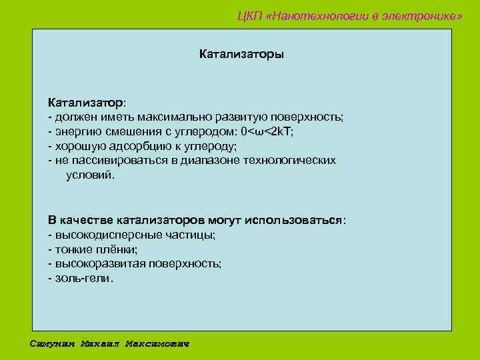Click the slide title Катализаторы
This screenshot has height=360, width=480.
[241, 53]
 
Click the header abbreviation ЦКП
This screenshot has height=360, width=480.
[250, 16]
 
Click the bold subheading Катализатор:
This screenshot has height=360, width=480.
[86, 103]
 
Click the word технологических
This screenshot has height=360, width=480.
[289, 161]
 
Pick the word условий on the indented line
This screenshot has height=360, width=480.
[89, 175]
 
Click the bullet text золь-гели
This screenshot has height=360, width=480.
[83, 278]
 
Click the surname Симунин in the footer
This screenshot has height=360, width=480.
[53, 344]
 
